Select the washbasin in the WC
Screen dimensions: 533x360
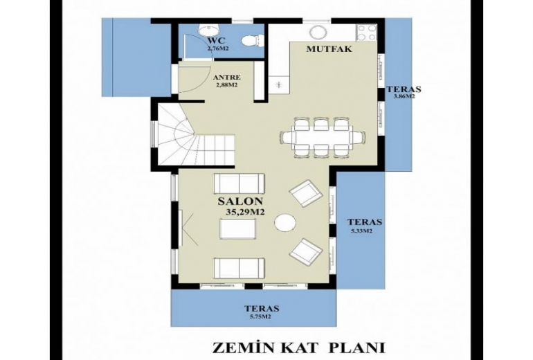[208, 30]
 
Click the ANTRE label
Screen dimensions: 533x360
[225, 78]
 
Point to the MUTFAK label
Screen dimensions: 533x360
[329, 49]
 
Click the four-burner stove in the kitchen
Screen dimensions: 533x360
[366, 33]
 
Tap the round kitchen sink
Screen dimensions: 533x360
[318, 33]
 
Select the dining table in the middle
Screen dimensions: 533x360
[323, 138]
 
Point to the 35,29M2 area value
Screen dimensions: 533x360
[245, 213]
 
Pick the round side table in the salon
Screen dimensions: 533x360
[285, 223]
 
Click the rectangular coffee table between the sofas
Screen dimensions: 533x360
[238, 228]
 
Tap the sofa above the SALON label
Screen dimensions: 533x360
[239, 183]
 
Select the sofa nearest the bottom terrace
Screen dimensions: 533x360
[239, 268]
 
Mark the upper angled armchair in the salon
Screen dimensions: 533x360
[305, 193]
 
